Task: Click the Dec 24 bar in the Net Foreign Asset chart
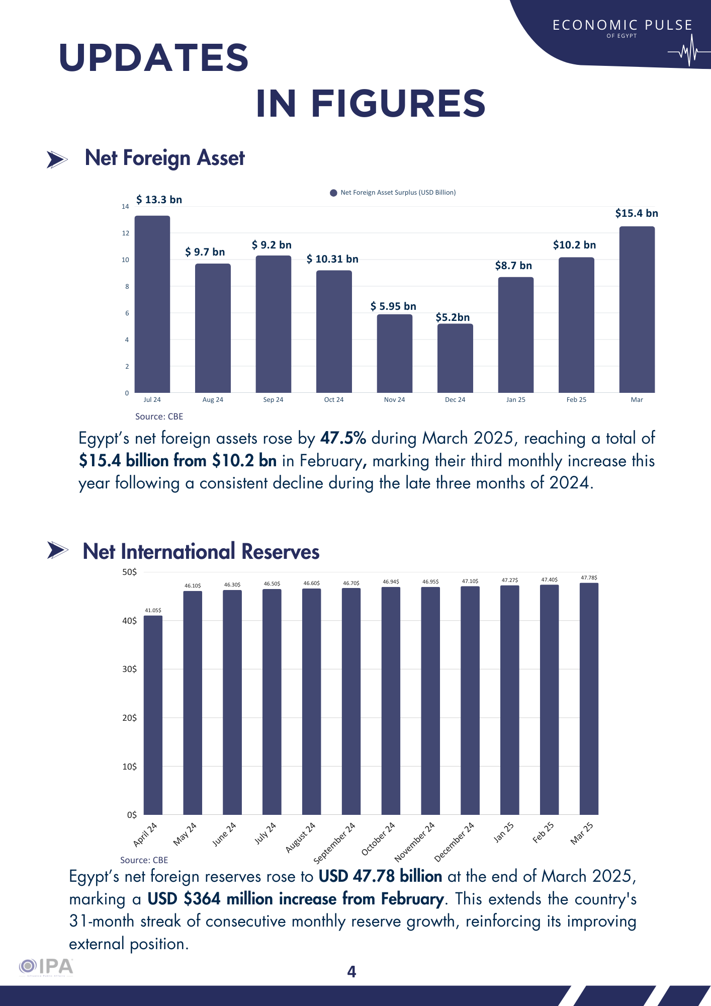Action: [455, 358]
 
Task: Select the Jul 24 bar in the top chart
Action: [152, 304]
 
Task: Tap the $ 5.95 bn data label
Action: [393, 306]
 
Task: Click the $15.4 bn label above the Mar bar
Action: [637, 213]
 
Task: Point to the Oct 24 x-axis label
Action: [334, 400]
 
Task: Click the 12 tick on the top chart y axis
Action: [125, 233]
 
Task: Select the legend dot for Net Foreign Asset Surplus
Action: [333, 193]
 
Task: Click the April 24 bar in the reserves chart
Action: [153, 715]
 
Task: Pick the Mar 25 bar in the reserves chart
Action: [589, 699]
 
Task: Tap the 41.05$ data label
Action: [153, 611]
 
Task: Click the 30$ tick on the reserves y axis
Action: [129, 669]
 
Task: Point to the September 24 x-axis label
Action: [334, 843]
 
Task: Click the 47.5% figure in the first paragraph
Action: [343, 439]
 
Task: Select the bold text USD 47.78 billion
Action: [380, 877]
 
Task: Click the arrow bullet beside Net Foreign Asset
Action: [57, 159]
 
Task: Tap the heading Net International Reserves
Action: [201, 552]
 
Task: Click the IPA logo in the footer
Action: [46, 967]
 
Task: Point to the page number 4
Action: [351, 972]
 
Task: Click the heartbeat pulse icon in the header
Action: [688, 51]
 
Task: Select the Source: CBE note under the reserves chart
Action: [144, 860]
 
